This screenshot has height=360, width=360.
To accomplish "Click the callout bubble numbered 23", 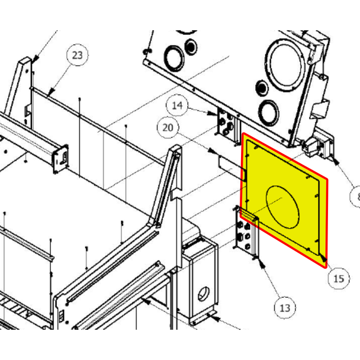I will coord(78,56).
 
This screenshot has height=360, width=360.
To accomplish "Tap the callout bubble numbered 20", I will coord(168,127).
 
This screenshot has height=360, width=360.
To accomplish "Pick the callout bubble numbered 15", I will coord(337,278).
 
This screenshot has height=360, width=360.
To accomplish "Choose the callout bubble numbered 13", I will coord(285,308).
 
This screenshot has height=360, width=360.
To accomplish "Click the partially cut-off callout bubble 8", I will coord(355,196).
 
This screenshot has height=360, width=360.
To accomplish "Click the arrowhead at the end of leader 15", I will coord(325,261).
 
